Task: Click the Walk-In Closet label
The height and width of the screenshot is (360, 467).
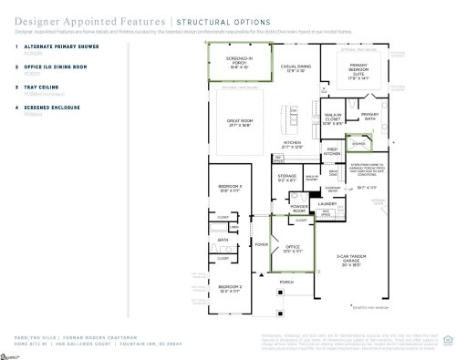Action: click(x=333, y=117)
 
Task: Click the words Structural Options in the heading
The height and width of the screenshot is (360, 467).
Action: click(x=223, y=21)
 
